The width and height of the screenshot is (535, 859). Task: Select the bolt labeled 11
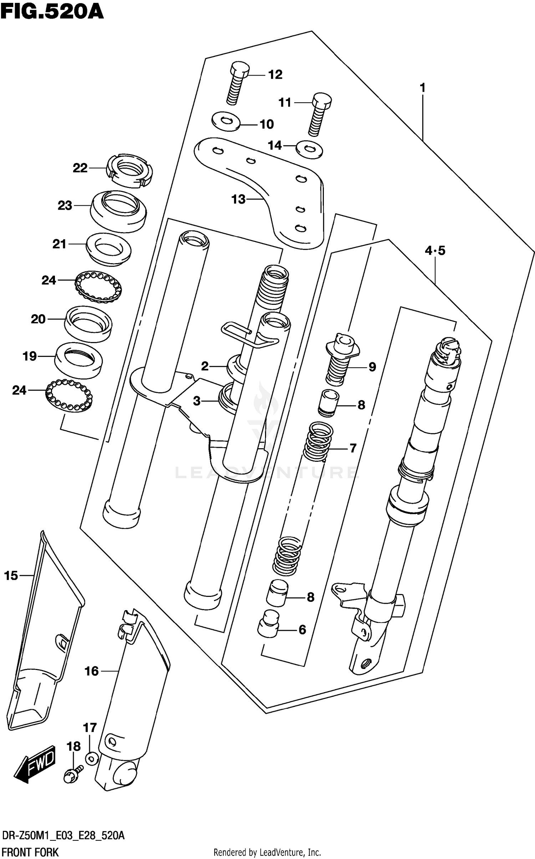tap(319, 114)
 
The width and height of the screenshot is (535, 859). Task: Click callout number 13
tap(238, 199)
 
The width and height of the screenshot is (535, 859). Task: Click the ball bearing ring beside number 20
tap(98, 287)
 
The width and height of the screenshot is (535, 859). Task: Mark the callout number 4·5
tap(435, 251)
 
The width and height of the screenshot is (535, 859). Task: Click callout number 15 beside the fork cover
tap(11, 576)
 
